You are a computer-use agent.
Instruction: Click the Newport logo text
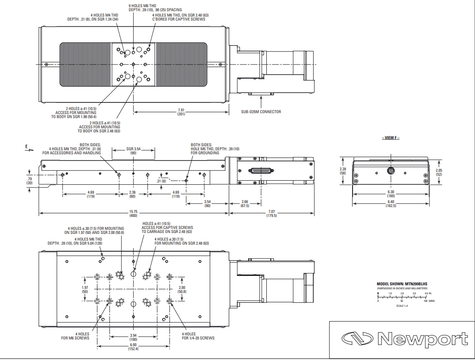tap(422, 339)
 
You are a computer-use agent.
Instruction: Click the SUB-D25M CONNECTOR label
tap(261, 112)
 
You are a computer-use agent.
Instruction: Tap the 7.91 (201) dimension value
tap(181, 112)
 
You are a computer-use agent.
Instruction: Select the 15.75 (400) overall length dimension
tap(133, 213)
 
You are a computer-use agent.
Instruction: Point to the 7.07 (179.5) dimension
tap(271, 213)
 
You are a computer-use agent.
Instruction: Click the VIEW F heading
tap(391, 138)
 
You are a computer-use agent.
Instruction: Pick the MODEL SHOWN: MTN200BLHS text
tap(402, 284)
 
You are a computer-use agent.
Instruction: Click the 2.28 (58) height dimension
tap(343, 171)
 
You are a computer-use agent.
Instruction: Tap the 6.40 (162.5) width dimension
tap(391, 203)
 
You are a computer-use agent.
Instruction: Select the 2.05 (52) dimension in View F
tap(439, 172)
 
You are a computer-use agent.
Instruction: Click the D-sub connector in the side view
tap(261, 170)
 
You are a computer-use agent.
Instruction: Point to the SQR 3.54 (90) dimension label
tap(133, 151)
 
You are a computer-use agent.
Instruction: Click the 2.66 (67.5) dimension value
tap(245, 203)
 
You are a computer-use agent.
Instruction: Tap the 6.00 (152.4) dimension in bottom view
tap(133, 347)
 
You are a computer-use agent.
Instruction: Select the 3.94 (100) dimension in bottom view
tap(133, 337)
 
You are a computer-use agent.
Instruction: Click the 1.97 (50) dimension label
tap(85, 289)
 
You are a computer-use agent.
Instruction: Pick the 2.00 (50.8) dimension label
tap(182, 289)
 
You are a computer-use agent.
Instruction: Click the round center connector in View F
tap(391, 171)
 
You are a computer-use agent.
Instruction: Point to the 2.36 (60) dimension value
tap(132, 194)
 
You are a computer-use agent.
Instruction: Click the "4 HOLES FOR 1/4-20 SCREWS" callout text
tap(198, 336)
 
